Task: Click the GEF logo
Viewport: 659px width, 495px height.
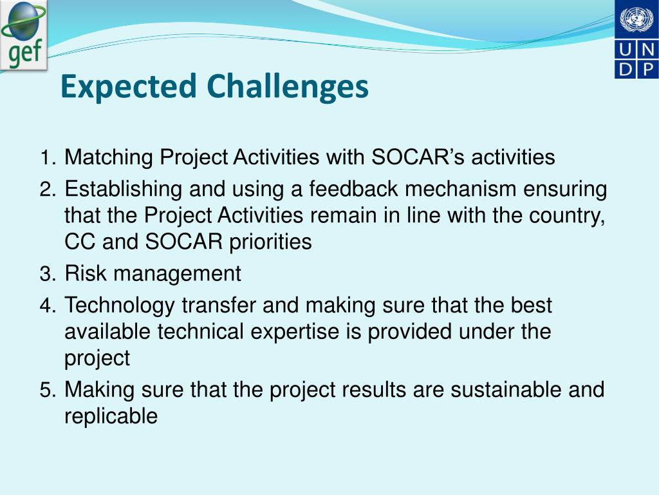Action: pyautogui.click(x=24, y=35)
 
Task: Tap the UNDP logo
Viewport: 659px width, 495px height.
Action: pyautogui.click(x=636, y=39)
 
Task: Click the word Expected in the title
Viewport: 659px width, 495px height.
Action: pyautogui.click(x=129, y=87)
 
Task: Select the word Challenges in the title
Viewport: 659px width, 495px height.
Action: pyautogui.click(x=288, y=87)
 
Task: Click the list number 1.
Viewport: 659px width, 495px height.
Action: pyautogui.click(x=47, y=158)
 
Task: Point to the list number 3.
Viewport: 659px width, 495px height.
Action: pyautogui.click(x=48, y=274)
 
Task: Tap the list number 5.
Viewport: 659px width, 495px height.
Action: pyautogui.click(x=48, y=390)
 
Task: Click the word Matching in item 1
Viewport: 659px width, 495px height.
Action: pyautogui.click(x=108, y=158)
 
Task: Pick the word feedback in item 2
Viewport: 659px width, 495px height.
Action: pyautogui.click(x=353, y=189)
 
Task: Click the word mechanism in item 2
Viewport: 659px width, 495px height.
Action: pyautogui.click(x=460, y=189)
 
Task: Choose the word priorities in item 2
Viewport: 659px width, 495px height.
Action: pyautogui.click(x=270, y=242)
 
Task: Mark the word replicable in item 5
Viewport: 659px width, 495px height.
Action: pyautogui.click(x=111, y=416)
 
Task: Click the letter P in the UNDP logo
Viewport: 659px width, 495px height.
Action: pyautogui.click(x=647, y=69)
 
